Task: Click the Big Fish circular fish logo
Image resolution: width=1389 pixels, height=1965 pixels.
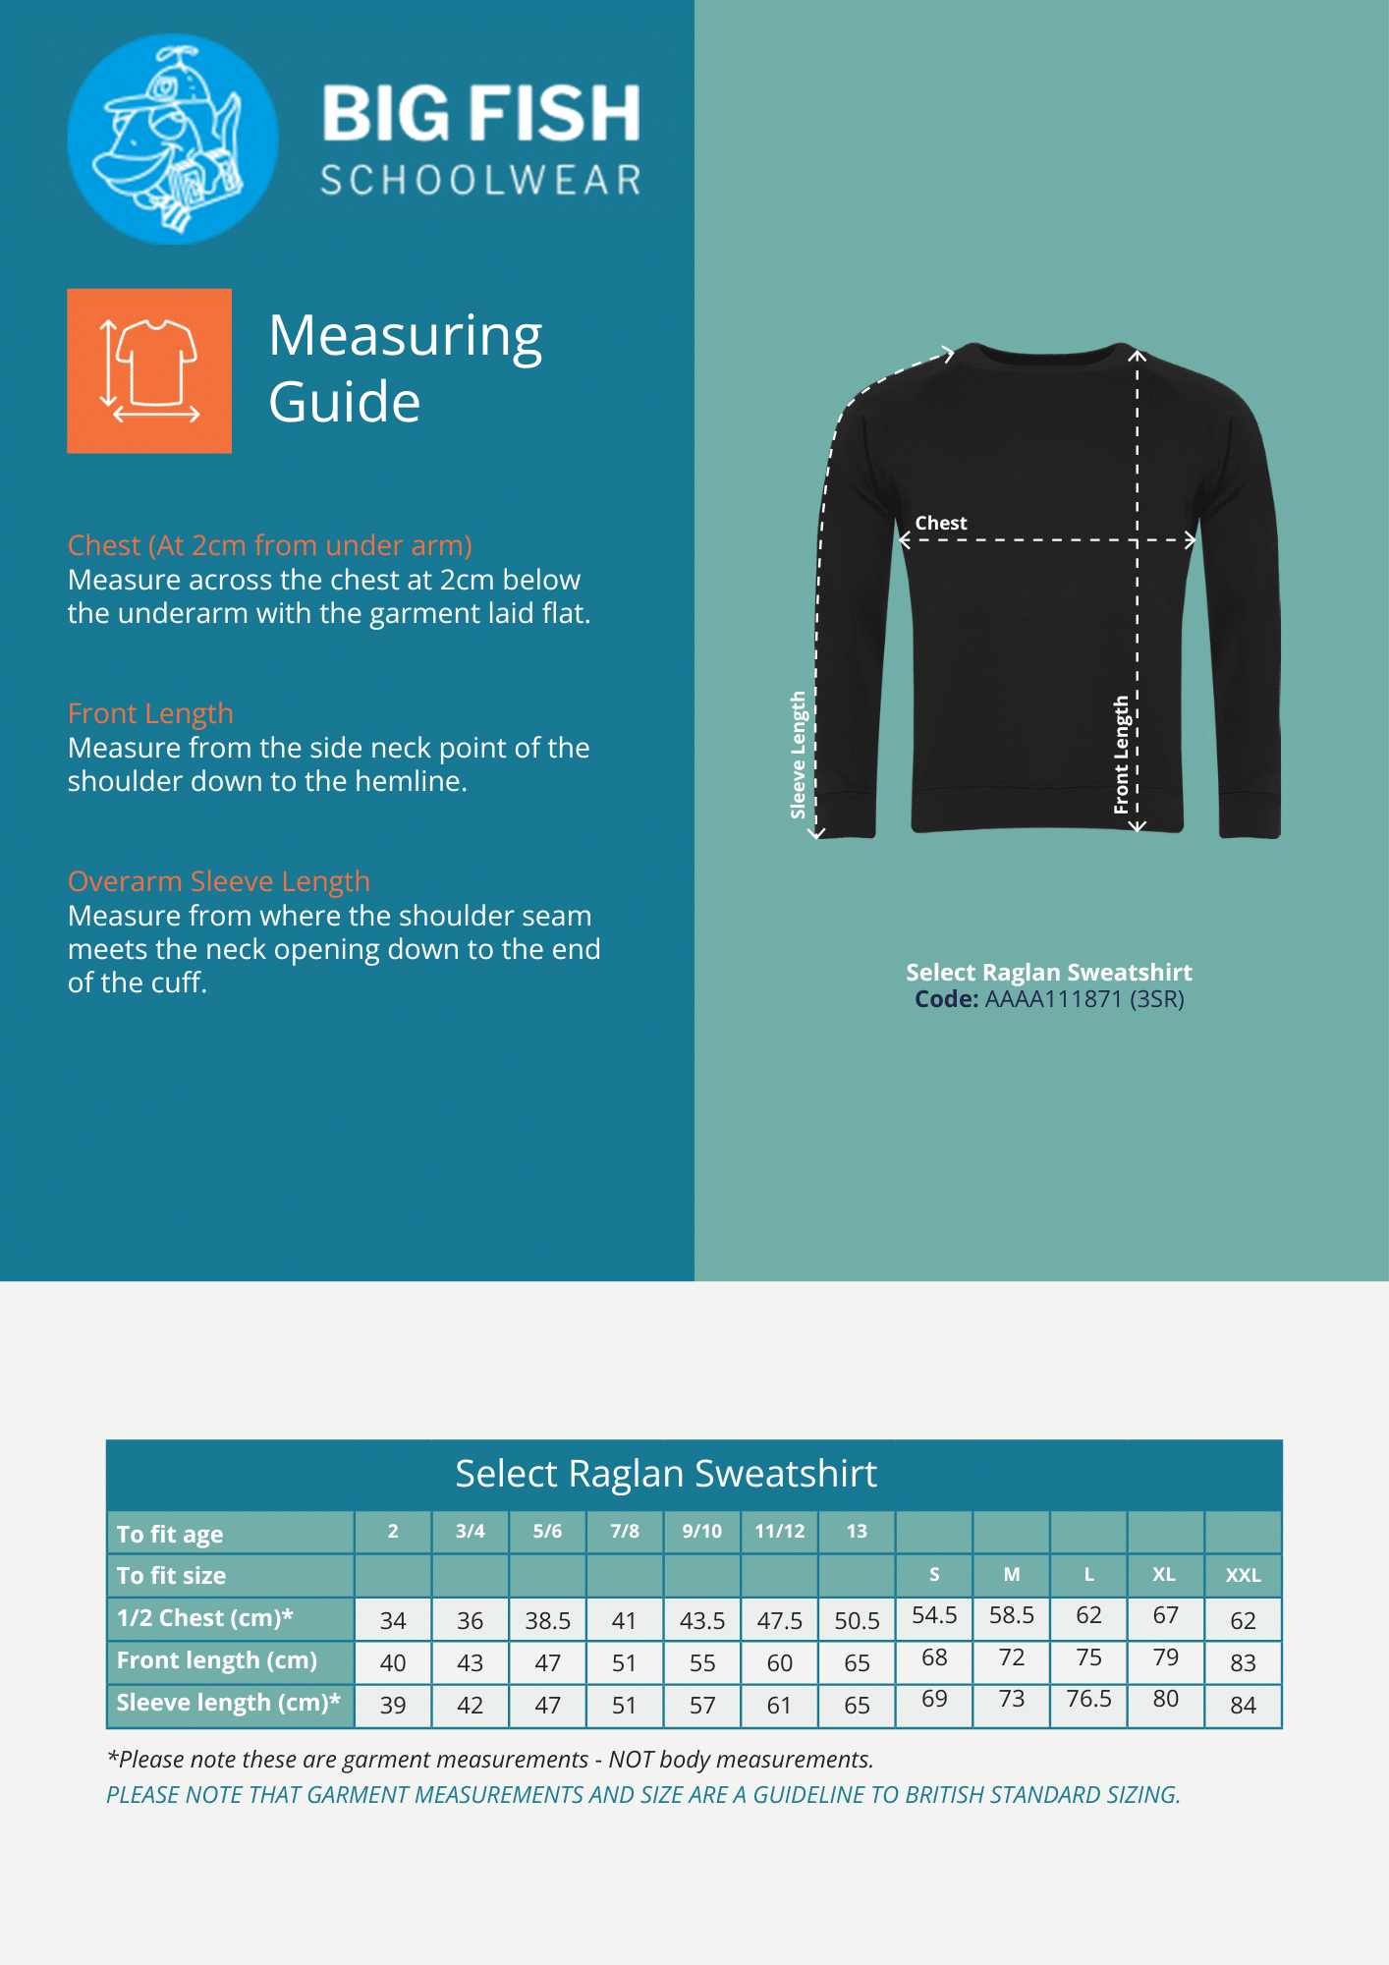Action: (173, 140)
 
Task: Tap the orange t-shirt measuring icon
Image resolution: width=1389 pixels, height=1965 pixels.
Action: (149, 370)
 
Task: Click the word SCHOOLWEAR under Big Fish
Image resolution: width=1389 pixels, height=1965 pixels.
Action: (480, 181)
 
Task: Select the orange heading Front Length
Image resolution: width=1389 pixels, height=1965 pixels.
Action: (150, 713)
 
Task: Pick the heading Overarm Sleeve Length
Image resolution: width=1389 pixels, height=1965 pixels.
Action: (219, 881)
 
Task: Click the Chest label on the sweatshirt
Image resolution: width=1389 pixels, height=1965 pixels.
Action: (941, 524)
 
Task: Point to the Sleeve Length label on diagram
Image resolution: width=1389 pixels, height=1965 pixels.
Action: (799, 755)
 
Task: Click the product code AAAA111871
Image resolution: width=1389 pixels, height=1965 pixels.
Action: (1053, 999)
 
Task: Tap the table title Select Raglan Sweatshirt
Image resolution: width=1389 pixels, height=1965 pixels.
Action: (666, 1474)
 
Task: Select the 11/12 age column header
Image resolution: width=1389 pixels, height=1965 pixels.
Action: (780, 1531)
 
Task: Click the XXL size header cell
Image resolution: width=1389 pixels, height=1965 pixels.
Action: (1243, 1575)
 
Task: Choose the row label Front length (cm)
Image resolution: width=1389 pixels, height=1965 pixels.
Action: (217, 1660)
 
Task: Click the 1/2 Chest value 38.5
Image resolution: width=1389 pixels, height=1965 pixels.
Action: (547, 1620)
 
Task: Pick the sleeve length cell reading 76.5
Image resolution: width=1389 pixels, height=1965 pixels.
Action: (1088, 1700)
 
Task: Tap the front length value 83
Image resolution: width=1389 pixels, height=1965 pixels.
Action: (1243, 1662)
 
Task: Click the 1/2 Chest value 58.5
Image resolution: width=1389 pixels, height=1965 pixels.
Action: (1012, 1615)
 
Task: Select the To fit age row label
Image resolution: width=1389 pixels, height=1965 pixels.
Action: (170, 1534)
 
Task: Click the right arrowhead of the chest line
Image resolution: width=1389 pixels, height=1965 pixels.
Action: (1192, 539)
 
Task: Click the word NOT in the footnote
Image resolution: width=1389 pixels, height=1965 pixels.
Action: (630, 1760)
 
